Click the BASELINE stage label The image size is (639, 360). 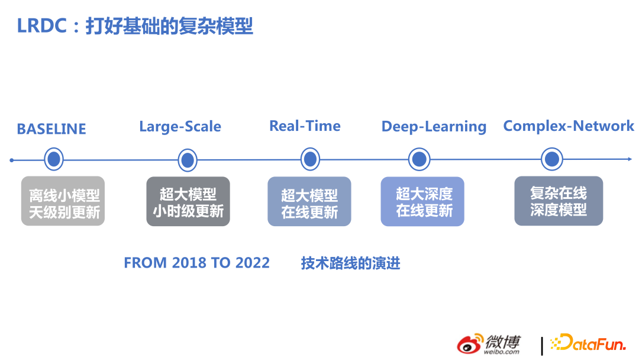click(51, 129)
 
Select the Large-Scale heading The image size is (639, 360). click(180, 127)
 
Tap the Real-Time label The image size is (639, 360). click(305, 126)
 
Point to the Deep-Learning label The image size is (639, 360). click(434, 127)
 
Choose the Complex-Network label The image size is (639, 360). click(568, 126)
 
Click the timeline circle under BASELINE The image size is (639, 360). click(54, 160)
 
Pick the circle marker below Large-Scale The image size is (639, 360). click(188, 160)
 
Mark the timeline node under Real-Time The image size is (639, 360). click(310, 159)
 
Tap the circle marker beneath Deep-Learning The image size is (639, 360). click(419, 159)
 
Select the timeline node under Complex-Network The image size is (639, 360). click(552, 159)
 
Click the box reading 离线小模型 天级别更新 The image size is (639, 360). click(63, 201)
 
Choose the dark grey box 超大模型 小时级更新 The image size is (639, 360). click(188, 201)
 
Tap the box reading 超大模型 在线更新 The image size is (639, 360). click(309, 201)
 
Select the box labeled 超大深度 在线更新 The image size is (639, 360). click(422, 201)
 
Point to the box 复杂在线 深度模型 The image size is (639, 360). click(559, 201)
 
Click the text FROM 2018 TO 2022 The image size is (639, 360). click(196, 263)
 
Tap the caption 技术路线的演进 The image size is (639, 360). click(350, 263)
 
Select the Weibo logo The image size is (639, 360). click(489, 343)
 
